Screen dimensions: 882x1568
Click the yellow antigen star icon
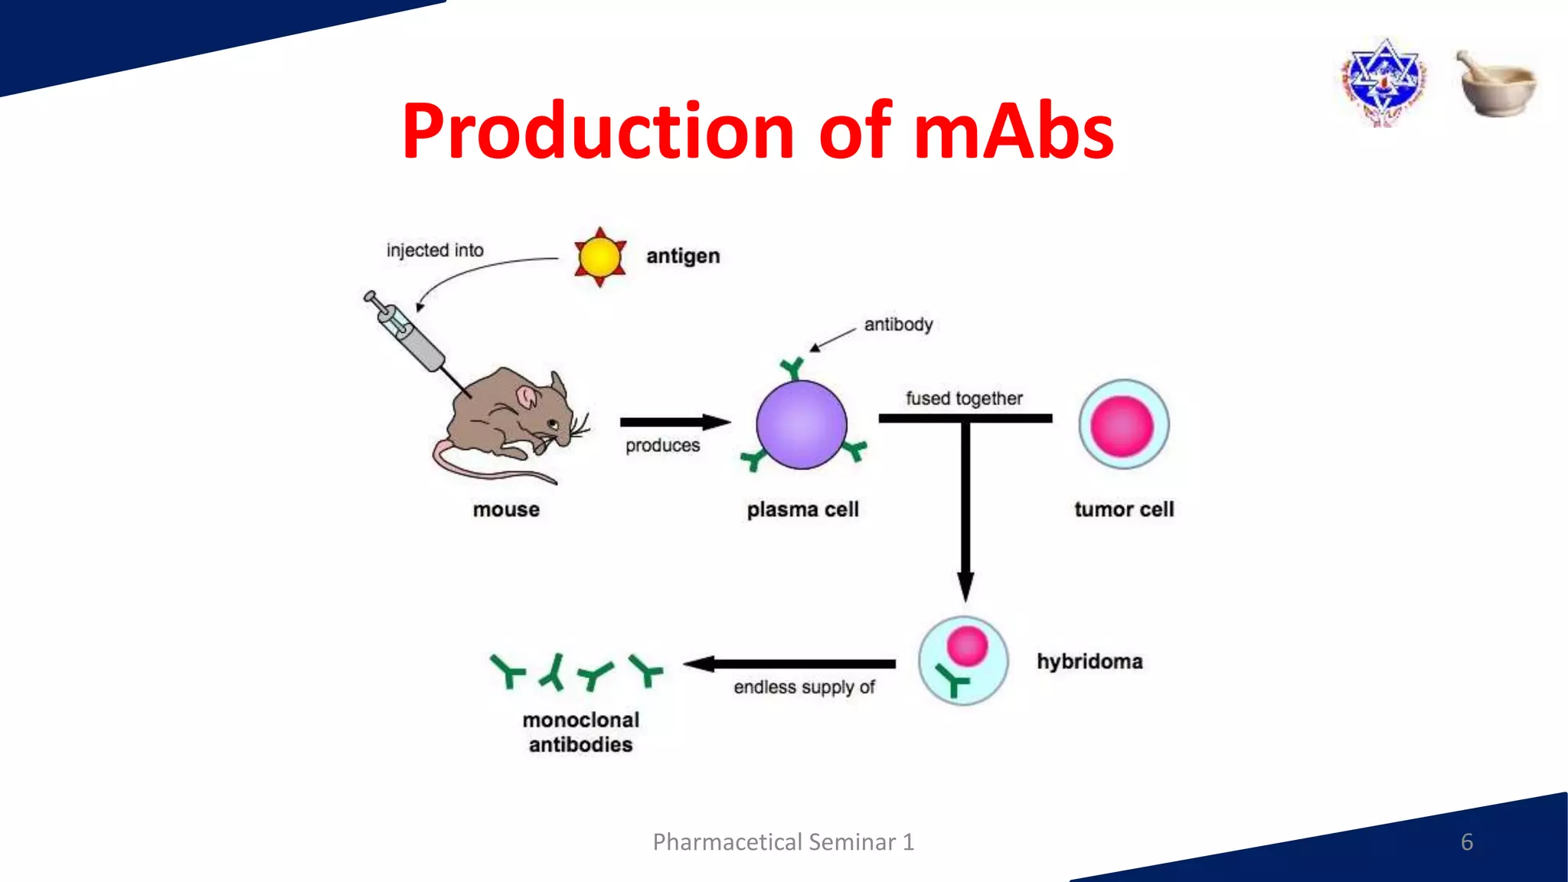coord(600,257)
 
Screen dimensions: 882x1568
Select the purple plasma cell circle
coord(802,424)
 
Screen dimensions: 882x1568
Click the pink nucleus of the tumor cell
coord(1122,426)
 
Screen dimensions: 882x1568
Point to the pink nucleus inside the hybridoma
coord(967,645)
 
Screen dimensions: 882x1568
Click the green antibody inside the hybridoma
coord(952,680)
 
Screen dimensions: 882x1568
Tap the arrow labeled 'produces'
coord(674,422)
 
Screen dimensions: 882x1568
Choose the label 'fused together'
coord(964,398)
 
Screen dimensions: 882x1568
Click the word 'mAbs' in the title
coord(1013,132)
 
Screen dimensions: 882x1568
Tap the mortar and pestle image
coord(1496,83)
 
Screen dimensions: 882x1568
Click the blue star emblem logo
coord(1383,80)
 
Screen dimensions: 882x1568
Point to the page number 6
coord(1466,841)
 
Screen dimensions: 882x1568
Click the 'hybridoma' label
coord(1089,661)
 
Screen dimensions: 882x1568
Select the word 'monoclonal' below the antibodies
coord(580,720)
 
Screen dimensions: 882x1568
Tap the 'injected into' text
coord(435,250)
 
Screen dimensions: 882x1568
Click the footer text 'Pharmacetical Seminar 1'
coord(783,842)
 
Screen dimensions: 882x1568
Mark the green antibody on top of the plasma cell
coord(792,368)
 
